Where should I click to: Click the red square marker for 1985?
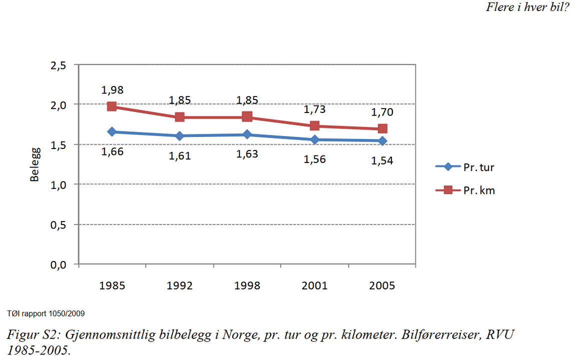(112, 106)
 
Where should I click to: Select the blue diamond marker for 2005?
(382, 141)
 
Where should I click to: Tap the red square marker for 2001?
(315, 126)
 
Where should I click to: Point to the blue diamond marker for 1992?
(180, 136)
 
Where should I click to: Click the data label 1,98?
(112, 90)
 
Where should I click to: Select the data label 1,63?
(247, 154)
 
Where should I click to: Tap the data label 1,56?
(315, 159)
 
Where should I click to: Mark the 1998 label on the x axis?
(247, 285)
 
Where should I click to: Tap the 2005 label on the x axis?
(382, 285)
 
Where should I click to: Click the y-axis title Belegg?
(35, 164)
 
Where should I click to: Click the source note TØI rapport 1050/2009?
(46, 314)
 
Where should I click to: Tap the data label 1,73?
(315, 109)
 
